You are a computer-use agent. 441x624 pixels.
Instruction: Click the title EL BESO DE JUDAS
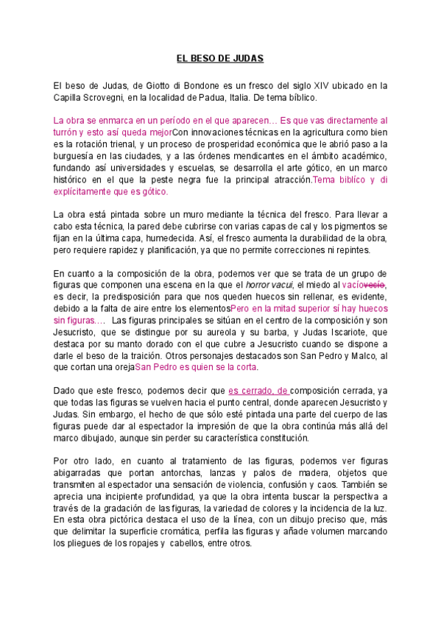pos(220,57)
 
